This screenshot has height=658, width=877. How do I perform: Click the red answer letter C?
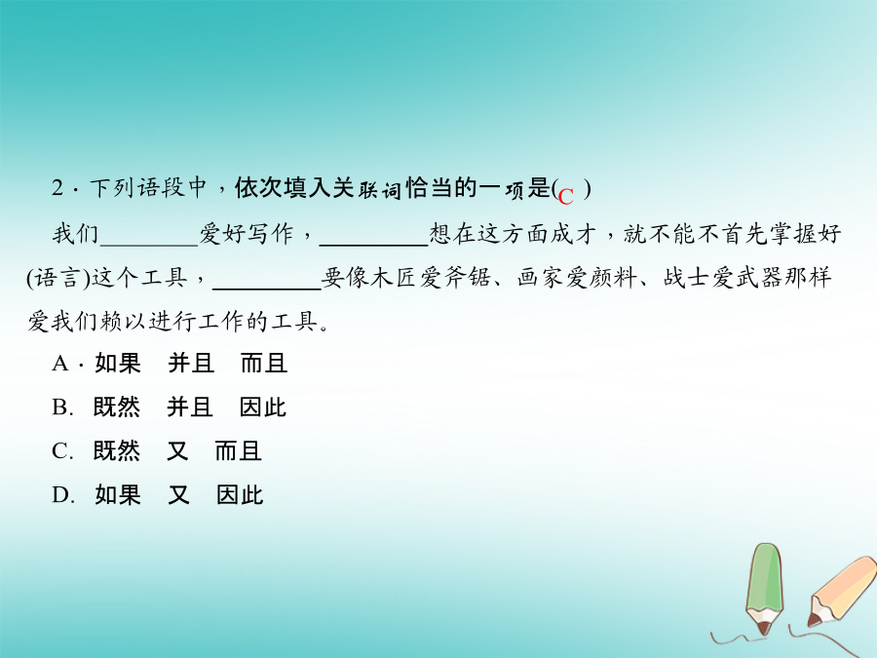(x=565, y=196)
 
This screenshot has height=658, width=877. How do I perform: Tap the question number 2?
(x=57, y=188)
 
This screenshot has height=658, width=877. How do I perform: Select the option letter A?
(x=59, y=364)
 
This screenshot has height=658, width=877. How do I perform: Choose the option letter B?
(x=59, y=407)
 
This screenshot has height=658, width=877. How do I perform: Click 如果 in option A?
(x=118, y=364)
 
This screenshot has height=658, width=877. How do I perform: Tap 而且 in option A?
(x=264, y=364)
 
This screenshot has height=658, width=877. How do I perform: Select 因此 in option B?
(x=263, y=407)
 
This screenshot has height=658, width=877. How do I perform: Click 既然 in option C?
(x=116, y=451)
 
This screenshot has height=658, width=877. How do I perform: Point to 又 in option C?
(x=178, y=451)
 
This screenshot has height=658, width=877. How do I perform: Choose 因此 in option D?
(x=240, y=494)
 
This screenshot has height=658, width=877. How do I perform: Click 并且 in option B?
(x=190, y=407)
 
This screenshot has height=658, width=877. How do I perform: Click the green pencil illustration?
(x=764, y=588)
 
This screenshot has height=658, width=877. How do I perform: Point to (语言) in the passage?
(x=58, y=278)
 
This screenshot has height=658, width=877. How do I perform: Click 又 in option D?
(x=179, y=494)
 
